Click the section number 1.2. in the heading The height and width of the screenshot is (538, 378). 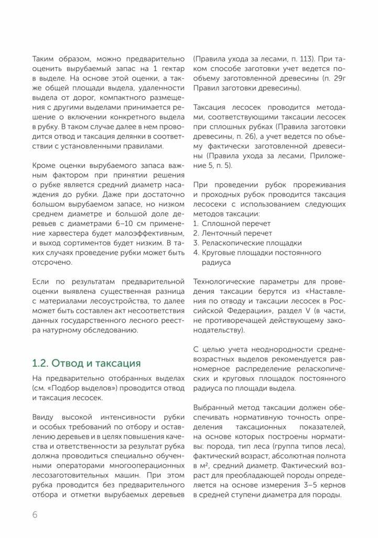tap(41, 363)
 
